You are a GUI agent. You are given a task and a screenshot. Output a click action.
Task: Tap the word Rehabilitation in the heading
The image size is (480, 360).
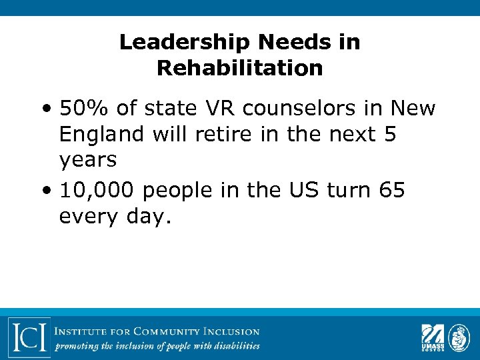240,68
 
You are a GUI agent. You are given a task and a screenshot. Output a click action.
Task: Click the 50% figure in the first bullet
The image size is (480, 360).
81,108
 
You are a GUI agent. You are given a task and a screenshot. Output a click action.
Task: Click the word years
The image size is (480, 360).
88,161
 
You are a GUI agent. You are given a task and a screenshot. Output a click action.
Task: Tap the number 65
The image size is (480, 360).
391,191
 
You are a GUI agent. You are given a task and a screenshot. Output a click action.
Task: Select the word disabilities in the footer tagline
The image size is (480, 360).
233,345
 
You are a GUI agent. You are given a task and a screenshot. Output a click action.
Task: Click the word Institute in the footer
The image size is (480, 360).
81,331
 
